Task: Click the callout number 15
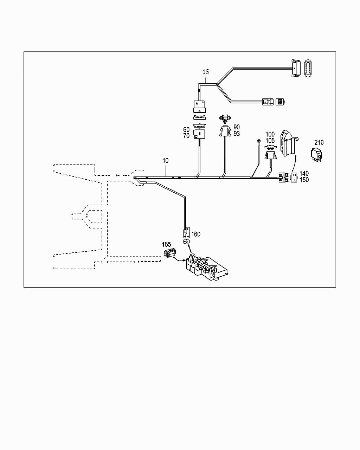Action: (206, 72)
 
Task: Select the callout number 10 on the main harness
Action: (165, 161)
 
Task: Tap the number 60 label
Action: (186, 130)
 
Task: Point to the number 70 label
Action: (186, 136)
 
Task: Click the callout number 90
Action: (237, 127)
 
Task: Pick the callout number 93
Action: (237, 134)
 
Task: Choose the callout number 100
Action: (270, 134)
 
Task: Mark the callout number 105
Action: (270, 141)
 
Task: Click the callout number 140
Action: (304, 174)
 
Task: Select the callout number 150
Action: (304, 180)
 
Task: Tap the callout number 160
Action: (195, 234)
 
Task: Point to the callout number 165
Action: (166, 244)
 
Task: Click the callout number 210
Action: (319, 142)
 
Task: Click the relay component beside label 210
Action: (316, 155)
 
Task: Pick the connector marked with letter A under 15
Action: (199, 104)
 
